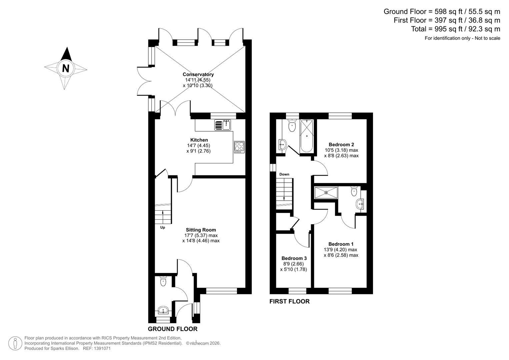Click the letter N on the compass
[x=66, y=68]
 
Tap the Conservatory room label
[x=198, y=74]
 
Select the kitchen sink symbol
[x=223, y=125]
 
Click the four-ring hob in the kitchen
[x=239, y=147]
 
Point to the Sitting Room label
[x=201, y=230]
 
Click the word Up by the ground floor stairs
[x=163, y=227]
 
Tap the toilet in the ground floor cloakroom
[x=163, y=281]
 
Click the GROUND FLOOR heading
[x=172, y=329]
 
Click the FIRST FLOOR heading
[x=289, y=301]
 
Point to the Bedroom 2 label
[x=341, y=144]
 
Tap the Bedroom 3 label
[x=294, y=258]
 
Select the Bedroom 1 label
[x=341, y=244]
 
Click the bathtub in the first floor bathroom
[x=306, y=136]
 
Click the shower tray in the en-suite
[x=326, y=192]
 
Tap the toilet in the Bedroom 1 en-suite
[x=354, y=191]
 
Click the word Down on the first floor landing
[x=284, y=174]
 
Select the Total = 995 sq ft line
[x=455, y=29]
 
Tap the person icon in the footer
[x=15, y=343]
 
